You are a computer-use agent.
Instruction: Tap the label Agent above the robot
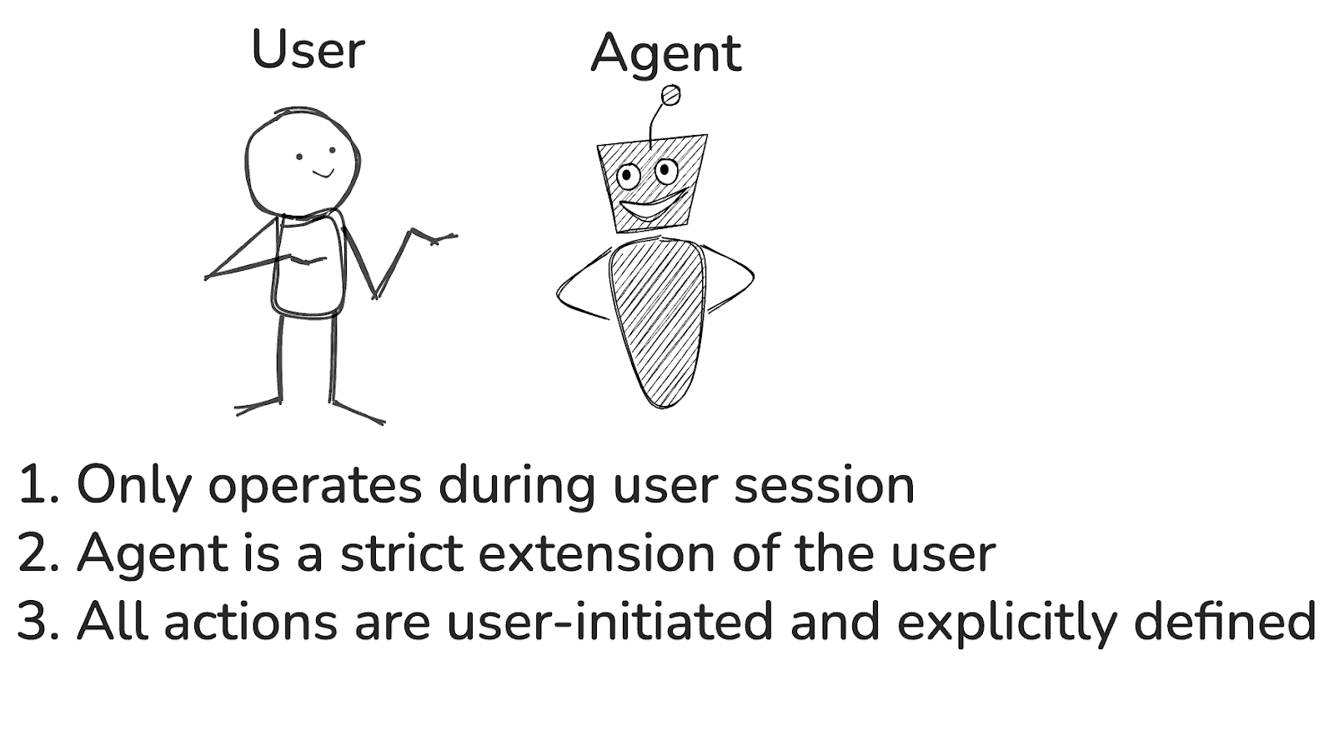[x=665, y=53]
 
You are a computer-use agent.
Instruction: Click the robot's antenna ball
[x=670, y=97]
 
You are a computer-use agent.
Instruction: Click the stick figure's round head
[x=302, y=164]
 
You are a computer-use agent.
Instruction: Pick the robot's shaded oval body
[x=657, y=317]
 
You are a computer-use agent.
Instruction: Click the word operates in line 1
[x=315, y=486]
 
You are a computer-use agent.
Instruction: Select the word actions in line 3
[x=250, y=622]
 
